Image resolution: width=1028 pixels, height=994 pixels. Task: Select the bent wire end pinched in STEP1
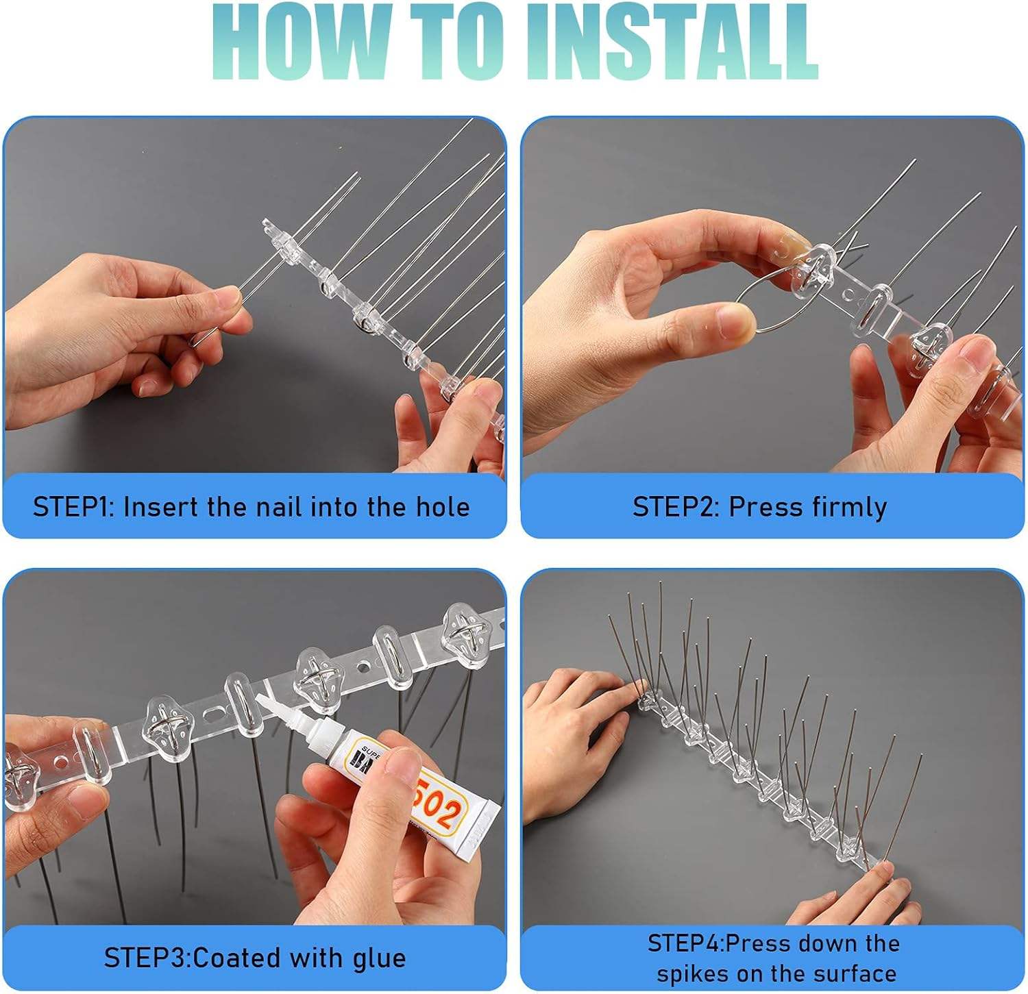point(199,336)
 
